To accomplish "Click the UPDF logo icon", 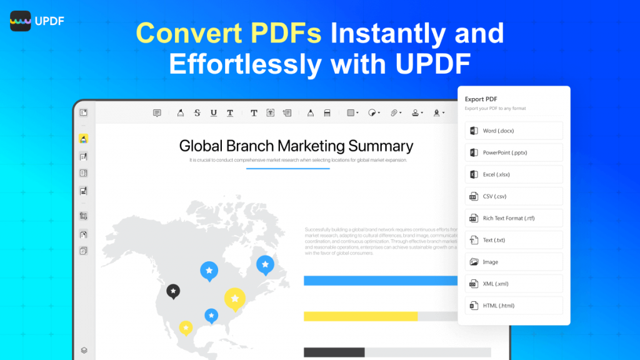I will pos(20,21).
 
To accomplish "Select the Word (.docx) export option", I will pos(514,131).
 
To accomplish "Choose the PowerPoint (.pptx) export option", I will pos(514,152).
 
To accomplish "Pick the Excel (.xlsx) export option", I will pos(514,174).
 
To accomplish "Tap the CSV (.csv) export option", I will pos(514,196).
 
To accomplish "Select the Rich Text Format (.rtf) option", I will pos(514,218).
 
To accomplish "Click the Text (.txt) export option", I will pos(514,240).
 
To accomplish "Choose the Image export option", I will pos(514,262).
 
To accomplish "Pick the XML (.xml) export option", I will pos(514,284).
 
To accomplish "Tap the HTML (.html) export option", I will pos(514,306).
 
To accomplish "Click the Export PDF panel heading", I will pos(481,99).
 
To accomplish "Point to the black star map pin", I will pos(173,291).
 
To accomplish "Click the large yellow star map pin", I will pos(234,299).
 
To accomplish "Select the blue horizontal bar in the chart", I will pos(380,281).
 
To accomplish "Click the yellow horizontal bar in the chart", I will pos(360,316).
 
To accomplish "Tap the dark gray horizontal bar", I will pos(334,352).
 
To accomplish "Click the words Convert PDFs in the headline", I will pos(229,33).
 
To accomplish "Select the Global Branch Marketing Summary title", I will pos(296,146).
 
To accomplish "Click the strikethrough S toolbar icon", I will pos(197,112).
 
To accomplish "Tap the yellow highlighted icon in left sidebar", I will pos(84,138).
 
